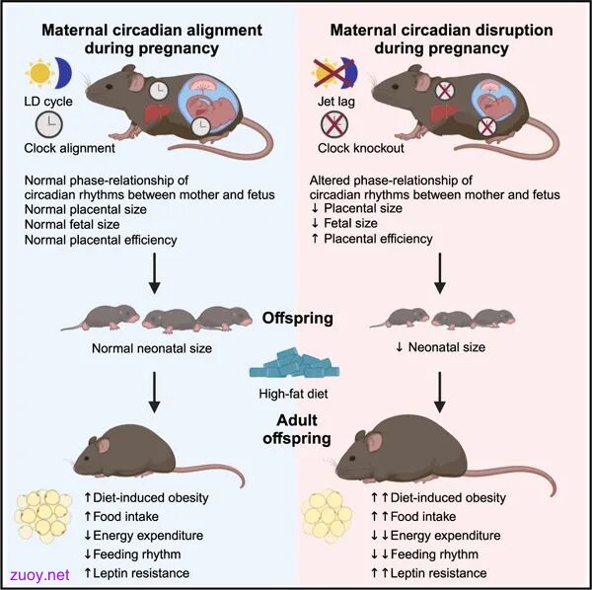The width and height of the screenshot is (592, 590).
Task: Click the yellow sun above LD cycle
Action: tap(39, 73)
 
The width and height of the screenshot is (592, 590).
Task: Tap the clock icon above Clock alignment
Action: tap(49, 124)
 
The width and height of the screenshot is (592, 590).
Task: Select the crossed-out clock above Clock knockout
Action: tap(334, 124)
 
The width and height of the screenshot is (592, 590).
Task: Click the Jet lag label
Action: tap(336, 102)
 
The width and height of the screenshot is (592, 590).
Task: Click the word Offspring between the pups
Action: tap(298, 319)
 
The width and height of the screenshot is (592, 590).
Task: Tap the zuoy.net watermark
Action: tap(39, 575)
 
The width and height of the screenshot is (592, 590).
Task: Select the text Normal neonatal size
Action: tap(152, 348)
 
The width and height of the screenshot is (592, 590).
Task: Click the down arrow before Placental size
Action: tap(316, 208)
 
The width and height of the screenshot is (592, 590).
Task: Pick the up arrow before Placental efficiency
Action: tap(316, 239)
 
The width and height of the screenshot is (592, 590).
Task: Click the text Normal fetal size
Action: tap(72, 225)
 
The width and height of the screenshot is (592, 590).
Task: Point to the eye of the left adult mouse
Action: tap(86, 458)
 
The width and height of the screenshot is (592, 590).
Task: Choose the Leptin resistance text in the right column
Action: tap(438, 573)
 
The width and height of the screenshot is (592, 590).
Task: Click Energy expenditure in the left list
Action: tap(148, 536)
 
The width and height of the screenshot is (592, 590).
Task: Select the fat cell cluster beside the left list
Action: tap(42, 516)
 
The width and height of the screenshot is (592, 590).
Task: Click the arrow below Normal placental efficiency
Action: tap(155, 273)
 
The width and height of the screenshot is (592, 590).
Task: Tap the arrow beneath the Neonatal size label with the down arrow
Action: tap(440, 393)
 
